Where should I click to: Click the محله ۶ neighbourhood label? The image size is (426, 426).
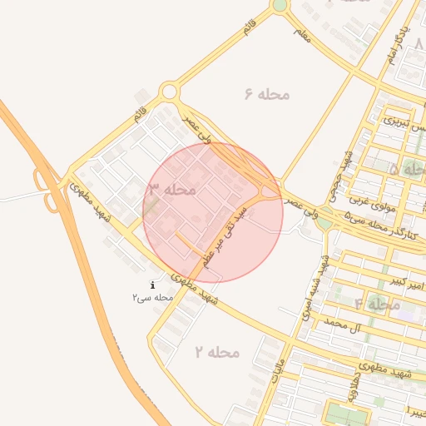click(267, 94)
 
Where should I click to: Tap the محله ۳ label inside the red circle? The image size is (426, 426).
click(172, 190)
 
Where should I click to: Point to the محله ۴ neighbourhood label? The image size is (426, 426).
click(377, 305)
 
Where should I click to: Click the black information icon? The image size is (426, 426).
click(152, 285)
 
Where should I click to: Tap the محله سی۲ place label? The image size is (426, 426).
click(152, 297)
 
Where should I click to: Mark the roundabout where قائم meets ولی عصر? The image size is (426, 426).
click(171, 91)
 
